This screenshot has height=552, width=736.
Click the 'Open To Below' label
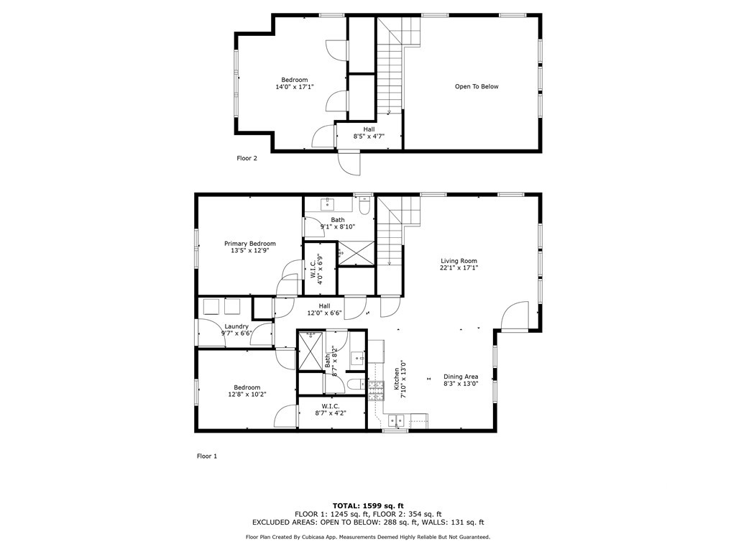(477, 86)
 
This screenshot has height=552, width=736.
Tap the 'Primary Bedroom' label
(249, 244)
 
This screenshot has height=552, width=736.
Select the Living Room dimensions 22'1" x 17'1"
(459, 268)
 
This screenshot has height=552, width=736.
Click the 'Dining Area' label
(461, 377)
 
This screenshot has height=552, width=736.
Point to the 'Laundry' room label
(236, 326)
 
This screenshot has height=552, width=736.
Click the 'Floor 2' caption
(247, 158)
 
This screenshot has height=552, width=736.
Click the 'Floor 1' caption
(207, 456)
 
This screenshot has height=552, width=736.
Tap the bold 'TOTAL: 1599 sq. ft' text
(368, 505)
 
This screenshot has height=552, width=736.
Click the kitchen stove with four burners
(375, 391)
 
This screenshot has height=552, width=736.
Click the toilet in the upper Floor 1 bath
(364, 206)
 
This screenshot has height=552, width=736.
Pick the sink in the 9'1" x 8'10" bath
(327, 204)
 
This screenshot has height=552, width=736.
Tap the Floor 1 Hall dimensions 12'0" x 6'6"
(324, 313)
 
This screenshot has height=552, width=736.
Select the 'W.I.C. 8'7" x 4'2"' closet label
(331, 410)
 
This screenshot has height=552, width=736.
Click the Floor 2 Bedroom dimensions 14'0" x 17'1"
(294, 87)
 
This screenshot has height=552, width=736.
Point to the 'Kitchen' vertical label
(397, 379)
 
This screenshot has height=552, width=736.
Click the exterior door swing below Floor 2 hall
(349, 163)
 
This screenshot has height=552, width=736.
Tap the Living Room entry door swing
(515, 316)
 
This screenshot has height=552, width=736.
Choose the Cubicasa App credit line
(368, 537)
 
